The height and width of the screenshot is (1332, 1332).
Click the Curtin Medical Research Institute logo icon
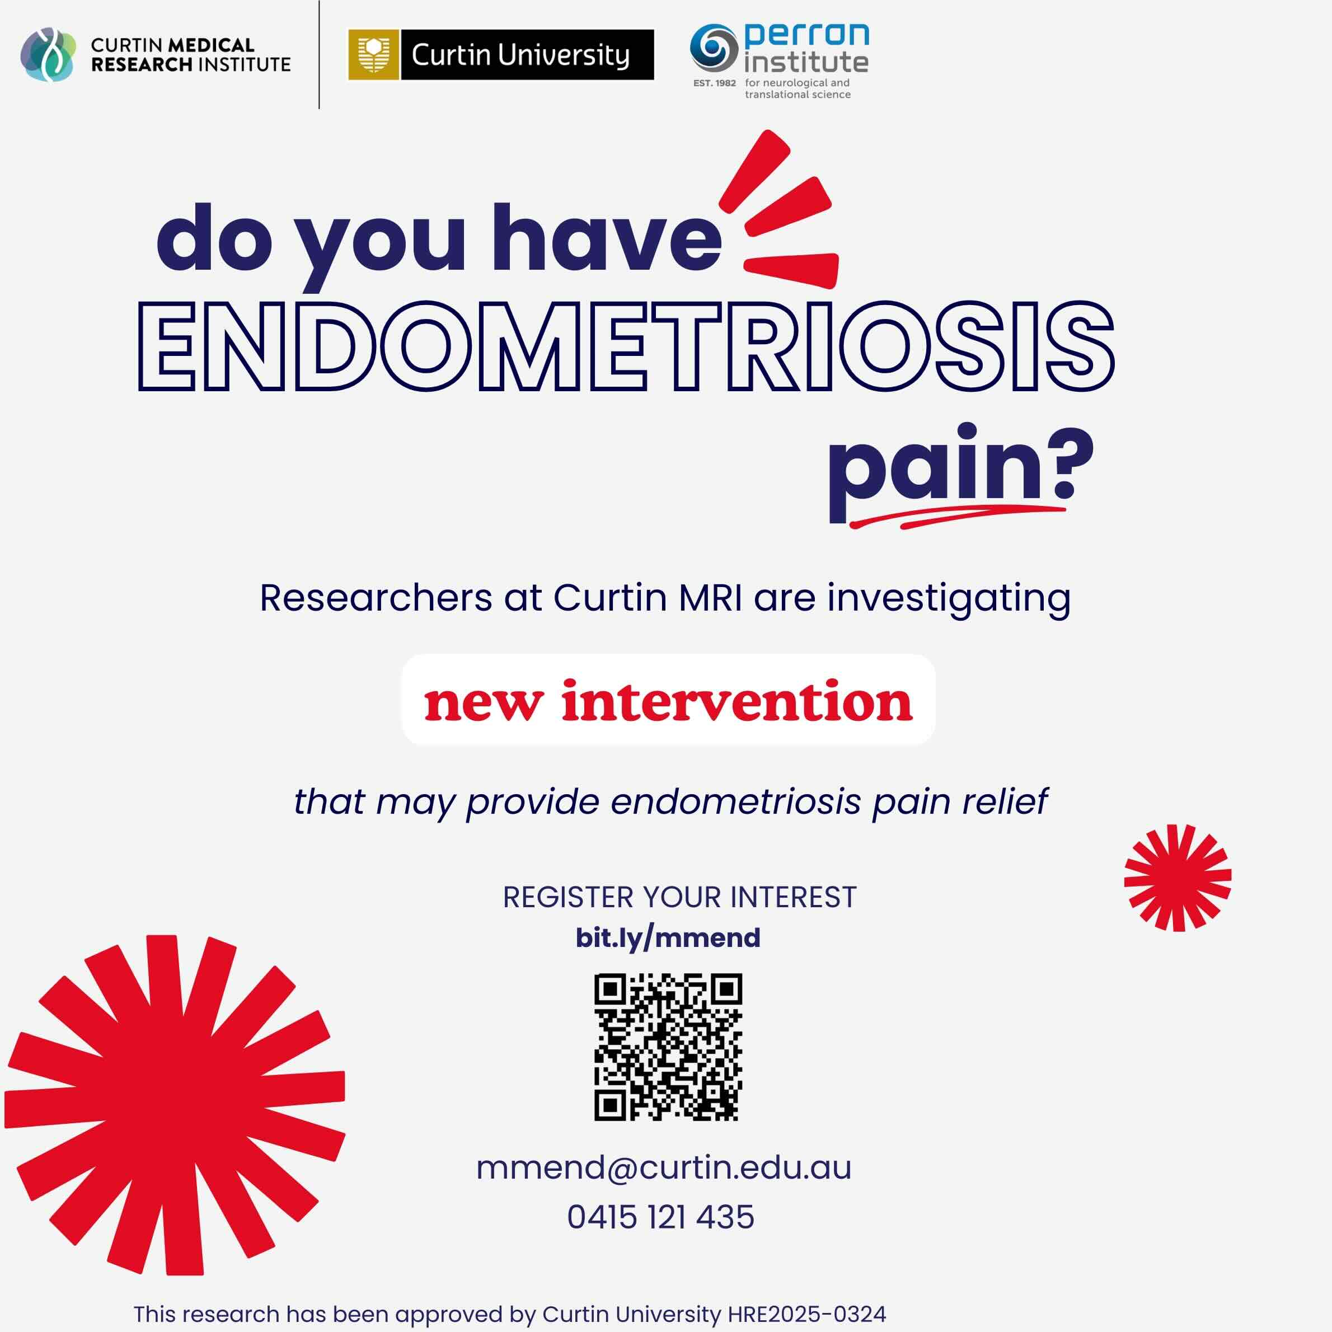(48, 54)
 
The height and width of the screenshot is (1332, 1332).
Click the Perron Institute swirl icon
(714, 48)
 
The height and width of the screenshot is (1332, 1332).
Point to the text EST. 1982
(714, 83)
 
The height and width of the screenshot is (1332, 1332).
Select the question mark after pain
(1073, 463)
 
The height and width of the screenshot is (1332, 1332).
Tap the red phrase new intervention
(667, 701)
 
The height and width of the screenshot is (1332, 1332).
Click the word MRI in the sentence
(710, 598)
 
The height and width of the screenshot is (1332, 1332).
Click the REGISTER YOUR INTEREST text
(679, 897)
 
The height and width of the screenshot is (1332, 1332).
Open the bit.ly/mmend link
(667, 937)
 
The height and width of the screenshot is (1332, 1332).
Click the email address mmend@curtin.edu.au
(663, 1168)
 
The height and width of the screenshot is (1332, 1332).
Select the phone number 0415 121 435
(660, 1217)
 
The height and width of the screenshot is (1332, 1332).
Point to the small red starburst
(1178, 878)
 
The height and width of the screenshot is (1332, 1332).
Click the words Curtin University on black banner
(520, 54)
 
